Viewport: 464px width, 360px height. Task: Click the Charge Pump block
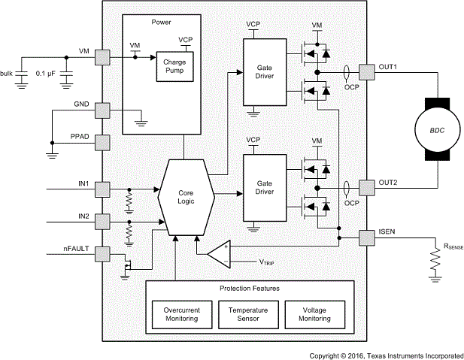coord(174,67)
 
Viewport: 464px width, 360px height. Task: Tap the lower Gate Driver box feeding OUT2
coord(264,188)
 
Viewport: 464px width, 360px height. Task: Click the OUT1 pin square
coord(365,71)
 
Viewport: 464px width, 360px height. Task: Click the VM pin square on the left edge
coord(104,56)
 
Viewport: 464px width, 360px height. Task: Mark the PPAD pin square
coord(104,142)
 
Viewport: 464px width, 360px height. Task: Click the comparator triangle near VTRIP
coord(220,254)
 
